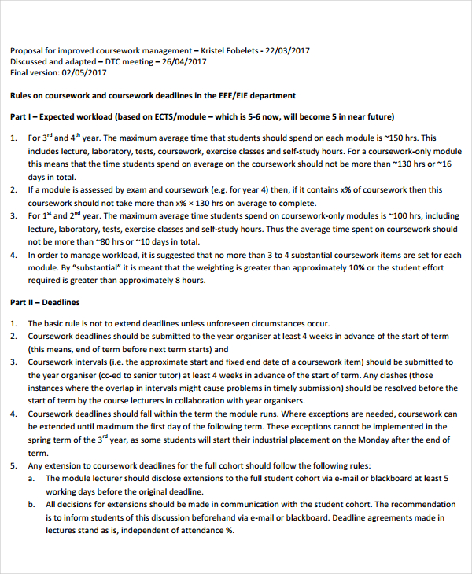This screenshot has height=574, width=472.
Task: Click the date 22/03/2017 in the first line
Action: (x=284, y=50)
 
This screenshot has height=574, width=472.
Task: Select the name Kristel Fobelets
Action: (x=230, y=50)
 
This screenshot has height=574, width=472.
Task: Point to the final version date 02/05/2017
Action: (x=82, y=72)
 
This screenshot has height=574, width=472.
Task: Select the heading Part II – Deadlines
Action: (x=45, y=302)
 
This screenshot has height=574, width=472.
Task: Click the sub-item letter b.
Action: (x=31, y=505)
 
